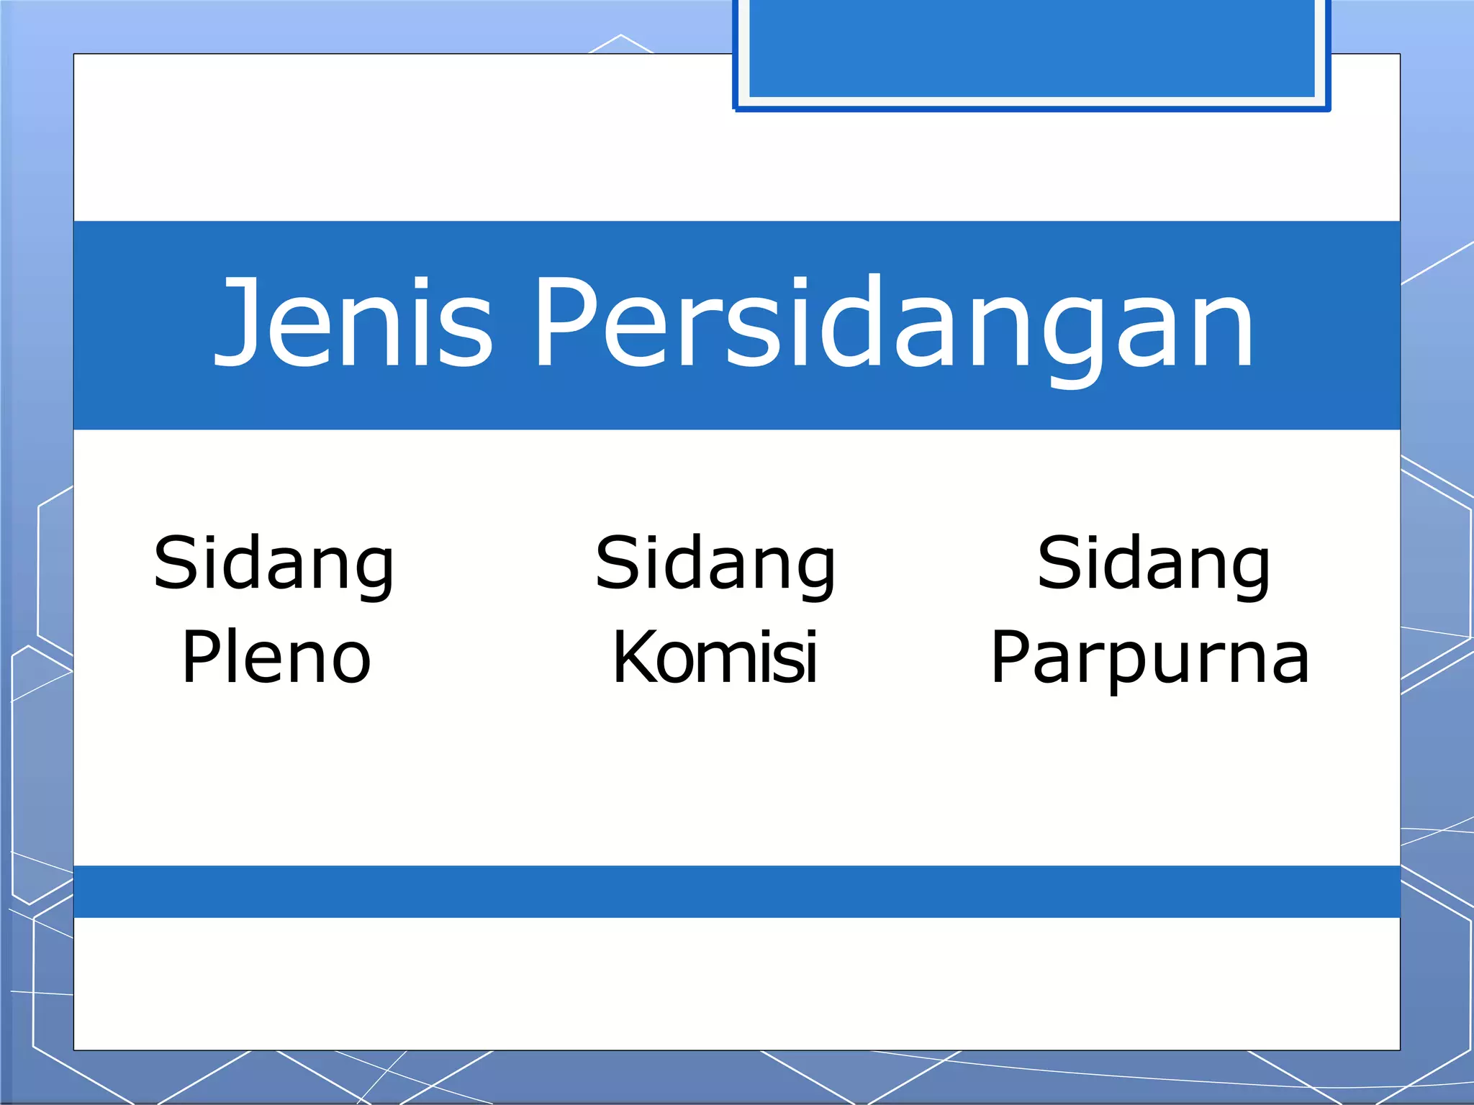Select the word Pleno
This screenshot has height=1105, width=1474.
(x=276, y=656)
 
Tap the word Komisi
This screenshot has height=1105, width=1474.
(x=715, y=656)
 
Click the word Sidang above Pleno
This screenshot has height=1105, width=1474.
(x=274, y=564)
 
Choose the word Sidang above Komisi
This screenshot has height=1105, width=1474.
(x=715, y=564)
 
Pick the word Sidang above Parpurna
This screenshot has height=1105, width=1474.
(x=1154, y=564)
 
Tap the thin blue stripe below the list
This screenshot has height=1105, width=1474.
(x=737, y=891)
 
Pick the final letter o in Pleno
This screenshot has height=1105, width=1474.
(x=350, y=662)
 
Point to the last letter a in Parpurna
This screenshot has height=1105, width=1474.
(x=1288, y=662)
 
